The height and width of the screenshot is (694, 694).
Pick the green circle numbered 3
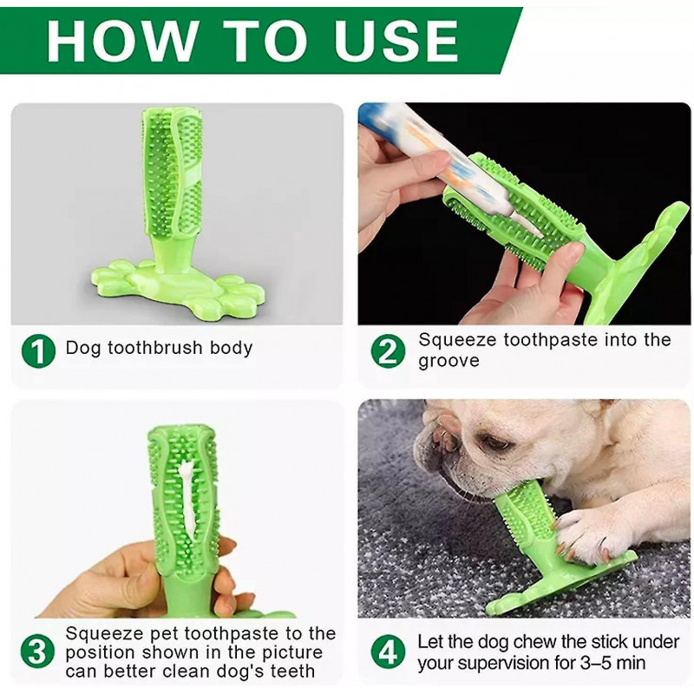point(39,651)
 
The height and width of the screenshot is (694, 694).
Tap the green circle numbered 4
point(388,651)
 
